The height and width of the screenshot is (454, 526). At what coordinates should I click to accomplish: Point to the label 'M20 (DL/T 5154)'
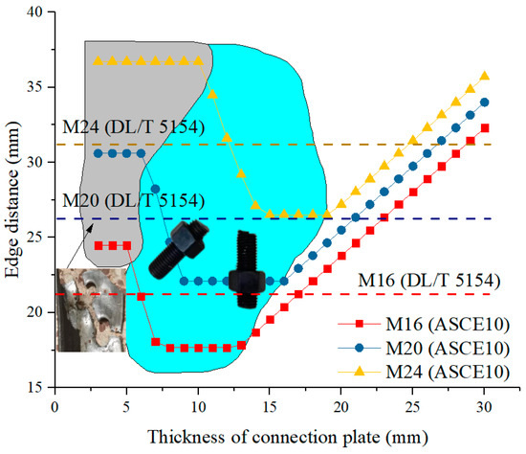click(x=131, y=200)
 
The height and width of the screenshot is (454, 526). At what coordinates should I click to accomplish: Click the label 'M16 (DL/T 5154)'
click(x=428, y=281)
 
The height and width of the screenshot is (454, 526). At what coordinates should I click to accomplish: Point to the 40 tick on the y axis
click(x=36, y=12)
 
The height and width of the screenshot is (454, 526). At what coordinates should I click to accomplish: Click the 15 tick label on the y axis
click(x=36, y=387)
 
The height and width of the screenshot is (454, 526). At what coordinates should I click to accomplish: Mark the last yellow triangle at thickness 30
click(x=485, y=76)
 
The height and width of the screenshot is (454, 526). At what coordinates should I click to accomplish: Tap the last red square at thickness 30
click(x=485, y=127)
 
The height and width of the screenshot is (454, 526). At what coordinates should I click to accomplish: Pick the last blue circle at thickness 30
click(x=485, y=102)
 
